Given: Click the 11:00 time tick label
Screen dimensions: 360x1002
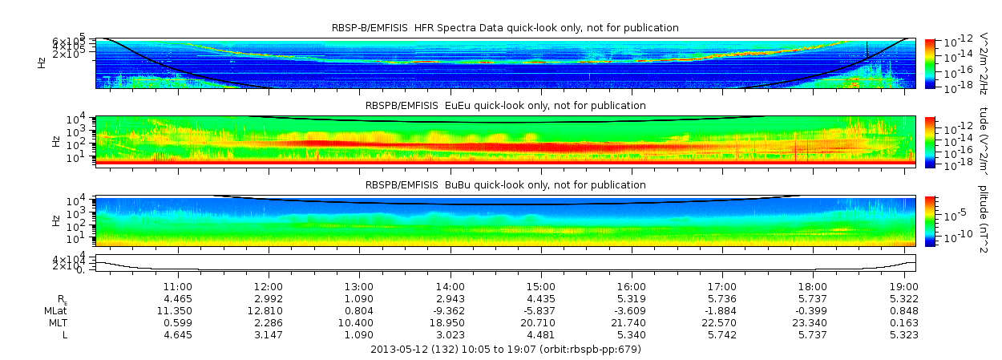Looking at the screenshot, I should coord(177,286).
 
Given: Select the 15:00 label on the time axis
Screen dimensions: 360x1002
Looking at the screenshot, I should coord(541,286).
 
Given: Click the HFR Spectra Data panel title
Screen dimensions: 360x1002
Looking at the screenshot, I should coord(505,28).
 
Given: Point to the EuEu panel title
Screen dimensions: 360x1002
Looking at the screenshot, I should coord(505,105).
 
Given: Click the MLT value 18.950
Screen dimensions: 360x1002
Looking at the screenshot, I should coord(450,322).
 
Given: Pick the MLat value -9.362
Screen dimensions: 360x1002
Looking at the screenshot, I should coord(450,310).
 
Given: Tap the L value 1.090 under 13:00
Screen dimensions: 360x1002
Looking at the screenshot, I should coord(359,334).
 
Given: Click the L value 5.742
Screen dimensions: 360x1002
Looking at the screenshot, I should coord(723,334).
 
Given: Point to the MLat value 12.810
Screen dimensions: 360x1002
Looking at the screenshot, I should coord(269,310).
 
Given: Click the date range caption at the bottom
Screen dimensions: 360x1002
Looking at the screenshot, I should coord(505,350).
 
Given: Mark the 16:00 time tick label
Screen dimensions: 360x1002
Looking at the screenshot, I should coord(632,286).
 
